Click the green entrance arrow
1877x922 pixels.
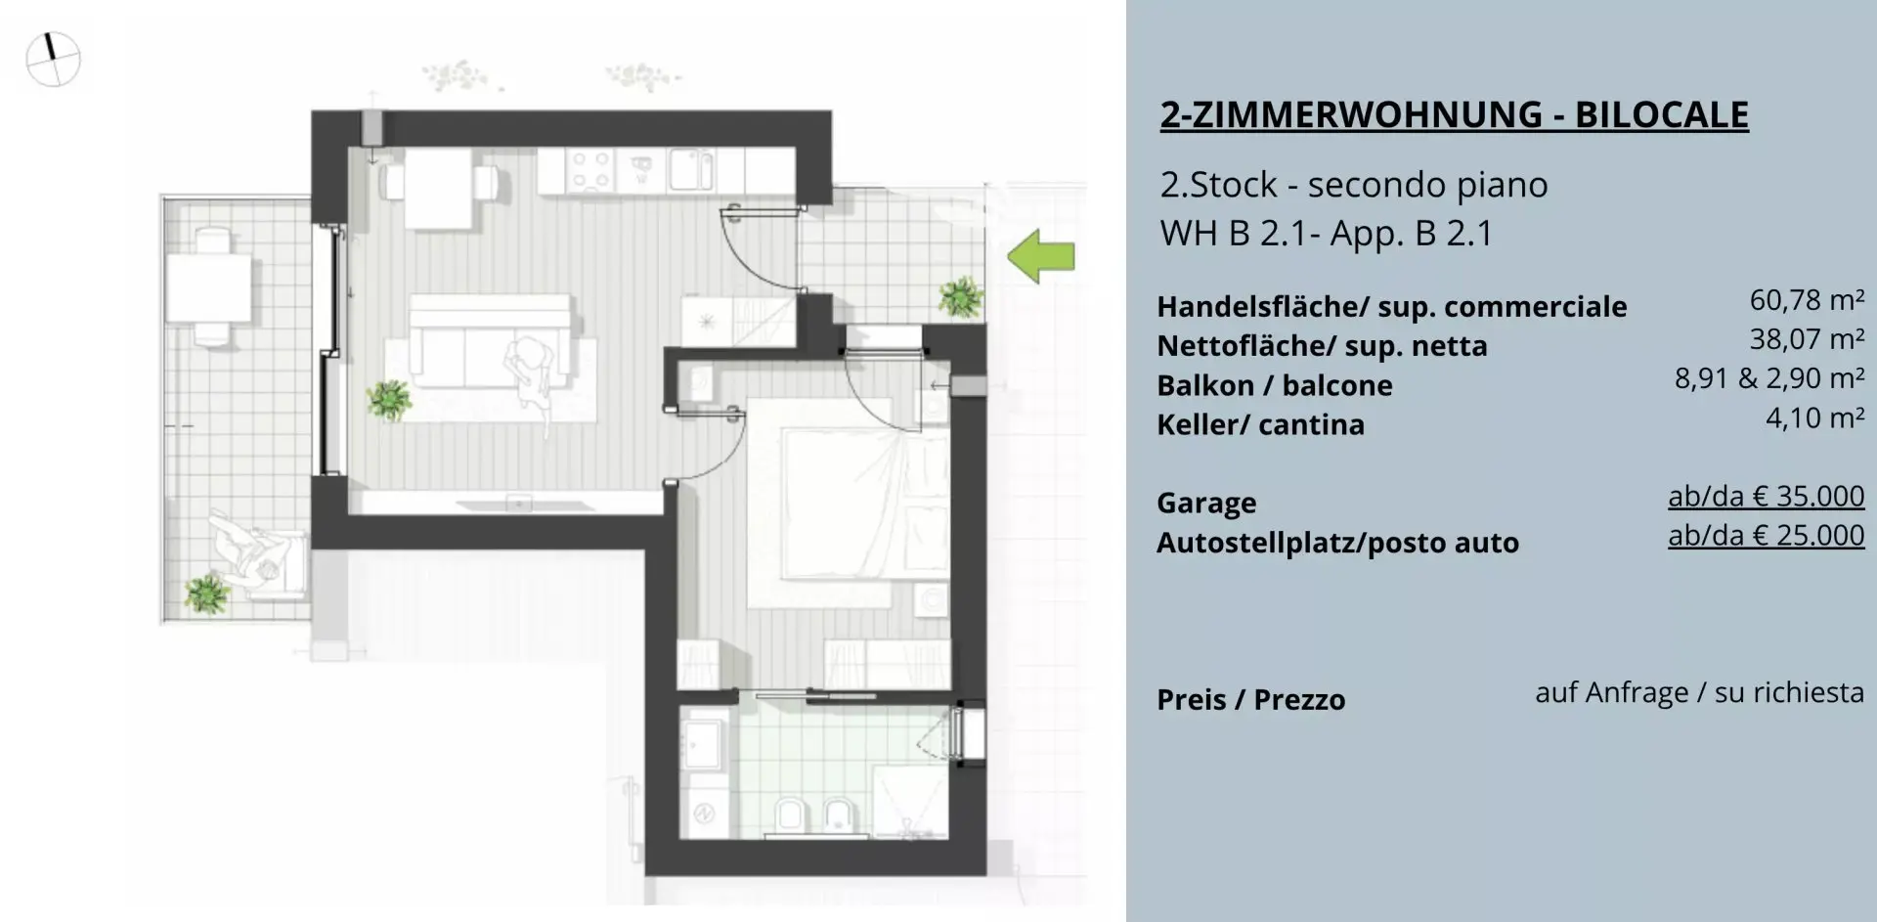point(1041,256)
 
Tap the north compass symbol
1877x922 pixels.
point(53,60)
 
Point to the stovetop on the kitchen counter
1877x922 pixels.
point(590,170)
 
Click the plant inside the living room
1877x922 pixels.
point(389,399)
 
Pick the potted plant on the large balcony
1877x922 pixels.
point(207,593)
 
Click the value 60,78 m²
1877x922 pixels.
point(1807,300)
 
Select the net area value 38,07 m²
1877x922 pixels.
point(1807,339)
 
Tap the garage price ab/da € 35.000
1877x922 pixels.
point(1766,497)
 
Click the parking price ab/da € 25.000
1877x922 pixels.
point(1766,536)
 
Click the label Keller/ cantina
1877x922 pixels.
point(1260,424)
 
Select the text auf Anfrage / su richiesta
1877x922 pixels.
point(1699,692)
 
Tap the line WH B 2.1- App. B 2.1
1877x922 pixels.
point(1327,234)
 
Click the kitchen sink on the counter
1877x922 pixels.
point(691,170)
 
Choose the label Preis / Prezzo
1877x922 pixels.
point(1250,699)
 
